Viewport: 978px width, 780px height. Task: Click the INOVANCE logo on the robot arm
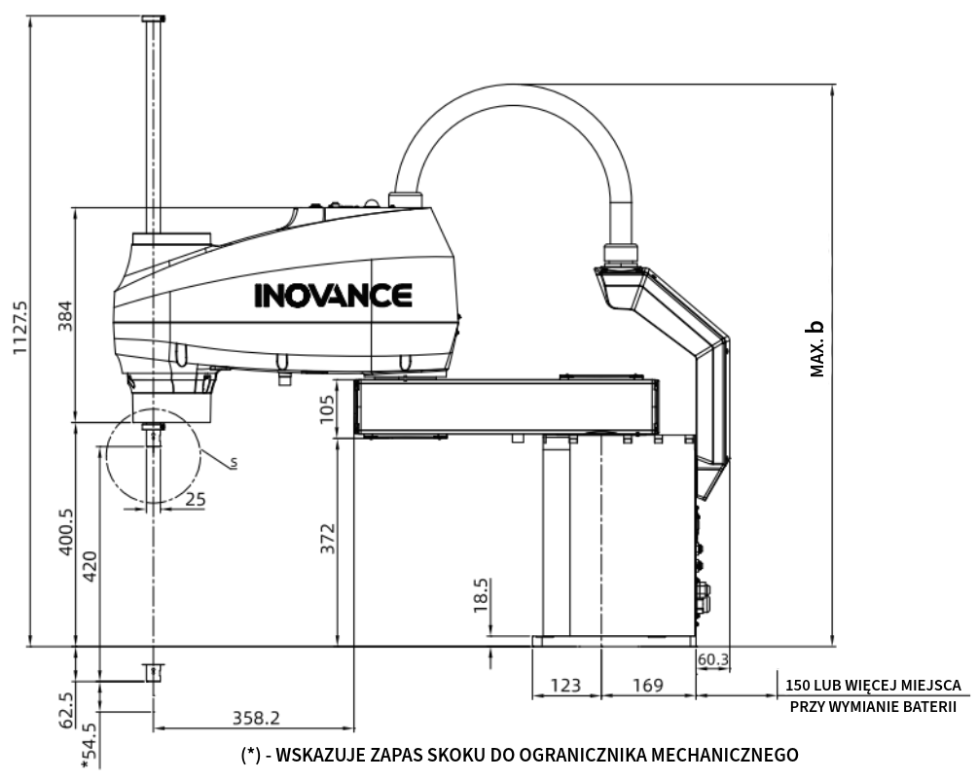(x=333, y=296)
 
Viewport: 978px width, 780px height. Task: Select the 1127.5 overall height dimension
(x=20, y=328)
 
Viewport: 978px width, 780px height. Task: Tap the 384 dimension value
(x=65, y=316)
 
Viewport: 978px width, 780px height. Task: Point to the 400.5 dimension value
(x=65, y=532)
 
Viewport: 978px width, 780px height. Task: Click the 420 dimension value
(x=90, y=566)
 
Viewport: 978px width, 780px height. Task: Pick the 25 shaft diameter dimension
(x=196, y=500)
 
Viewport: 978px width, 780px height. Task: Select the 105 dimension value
(x=327, y=409)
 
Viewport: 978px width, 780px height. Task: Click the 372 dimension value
(x=327, y=539)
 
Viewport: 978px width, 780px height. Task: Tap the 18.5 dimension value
(x=481, y=595)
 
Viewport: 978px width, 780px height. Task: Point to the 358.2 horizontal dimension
(x=256, y=718)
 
